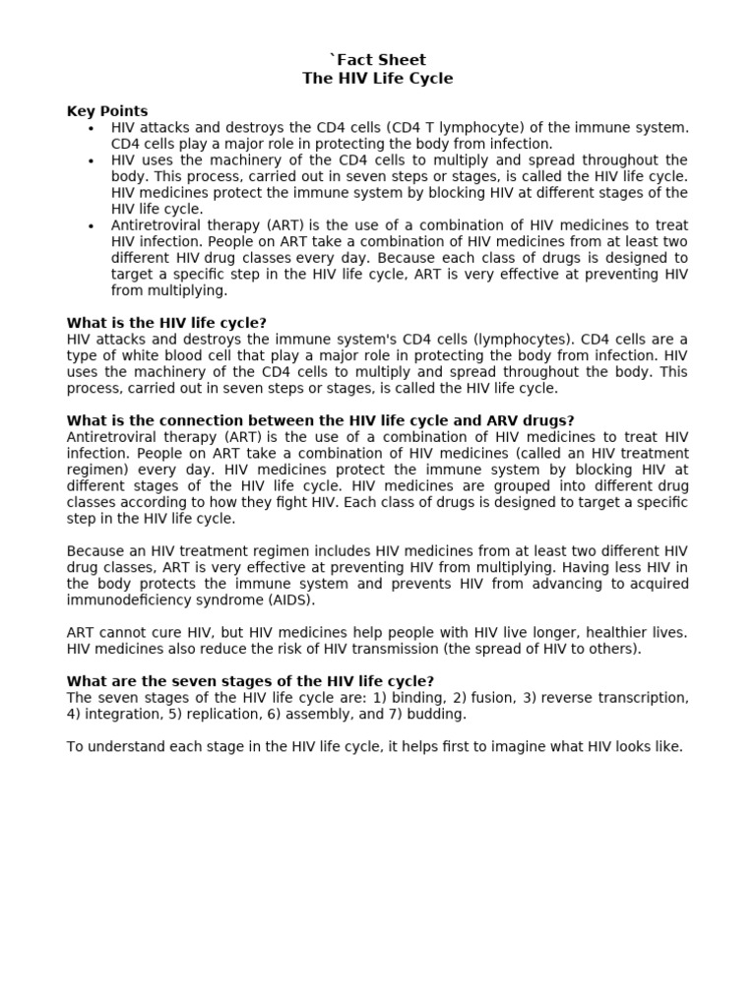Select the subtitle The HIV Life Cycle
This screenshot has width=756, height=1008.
tap(377, 78)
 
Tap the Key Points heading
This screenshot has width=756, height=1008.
tap(106, 111)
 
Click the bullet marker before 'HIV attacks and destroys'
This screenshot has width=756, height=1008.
tap(91, 128)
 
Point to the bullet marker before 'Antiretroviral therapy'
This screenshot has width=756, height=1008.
tap(91, 225)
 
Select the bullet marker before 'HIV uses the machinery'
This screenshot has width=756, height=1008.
tap(91, 160)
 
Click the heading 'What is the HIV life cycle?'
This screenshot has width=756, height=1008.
tap(166, 323)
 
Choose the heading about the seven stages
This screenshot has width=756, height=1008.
tap(250, 681)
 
